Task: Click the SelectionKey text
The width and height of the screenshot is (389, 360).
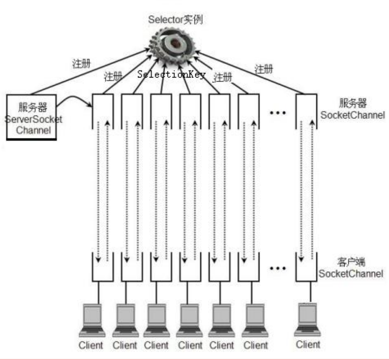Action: tap(171, 75)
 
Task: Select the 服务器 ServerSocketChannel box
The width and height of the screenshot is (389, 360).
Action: tap(32, 117)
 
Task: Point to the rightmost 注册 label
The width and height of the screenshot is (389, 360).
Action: tap(264, 69)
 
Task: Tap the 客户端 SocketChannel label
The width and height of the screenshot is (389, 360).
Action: tap(350, 268)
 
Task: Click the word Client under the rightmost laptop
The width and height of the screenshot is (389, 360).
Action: tap(308, 344)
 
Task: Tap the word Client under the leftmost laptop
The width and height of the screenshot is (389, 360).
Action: tap(90, 345)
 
